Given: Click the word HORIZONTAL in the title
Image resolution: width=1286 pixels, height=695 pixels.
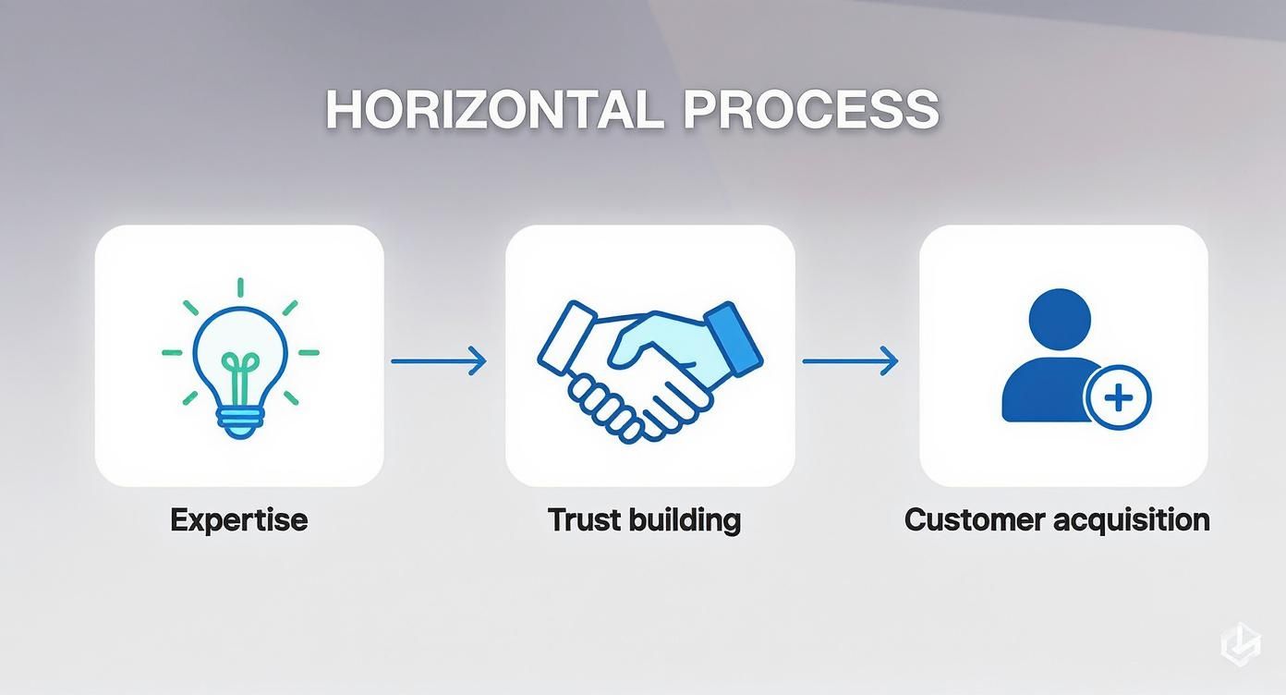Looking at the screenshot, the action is click(495, 109).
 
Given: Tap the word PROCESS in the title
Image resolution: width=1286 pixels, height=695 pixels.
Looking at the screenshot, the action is click(811, 109).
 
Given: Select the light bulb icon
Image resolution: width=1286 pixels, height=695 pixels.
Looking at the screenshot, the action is click(240, 359).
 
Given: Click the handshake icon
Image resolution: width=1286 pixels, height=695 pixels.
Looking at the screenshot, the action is click(649, 372).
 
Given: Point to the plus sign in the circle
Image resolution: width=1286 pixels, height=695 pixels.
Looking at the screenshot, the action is click(1119, 397).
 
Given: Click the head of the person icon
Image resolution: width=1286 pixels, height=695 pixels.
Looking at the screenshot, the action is click(1060, 320).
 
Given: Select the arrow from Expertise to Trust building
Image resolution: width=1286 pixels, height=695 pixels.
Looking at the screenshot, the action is click(439, 361).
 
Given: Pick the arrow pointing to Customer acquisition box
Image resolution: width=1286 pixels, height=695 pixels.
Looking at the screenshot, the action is click(850, 361).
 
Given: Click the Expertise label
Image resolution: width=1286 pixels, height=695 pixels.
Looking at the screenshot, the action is click(239, 520).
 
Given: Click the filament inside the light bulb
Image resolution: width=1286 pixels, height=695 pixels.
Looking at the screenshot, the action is click(240, 378).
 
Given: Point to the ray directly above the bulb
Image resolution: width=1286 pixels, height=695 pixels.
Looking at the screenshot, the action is click(240, 287).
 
